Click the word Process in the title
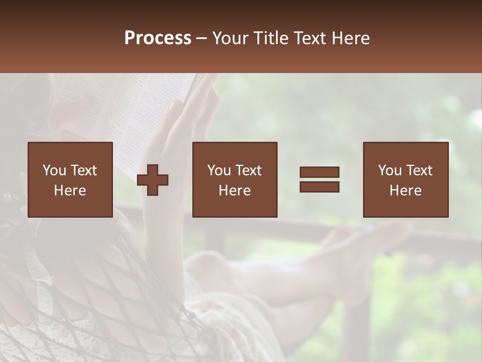pos(158,38)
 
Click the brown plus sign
pos(153,180)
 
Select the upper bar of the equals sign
pos(319,172)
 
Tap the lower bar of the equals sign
pos(319,187)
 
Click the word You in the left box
pos(54,170)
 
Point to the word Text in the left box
pos(83,170)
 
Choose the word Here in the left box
pos(70,191)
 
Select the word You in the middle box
pos(219,170)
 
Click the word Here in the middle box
pos(234,191)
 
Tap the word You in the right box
pos(390,170)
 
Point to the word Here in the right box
pos(405,191)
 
